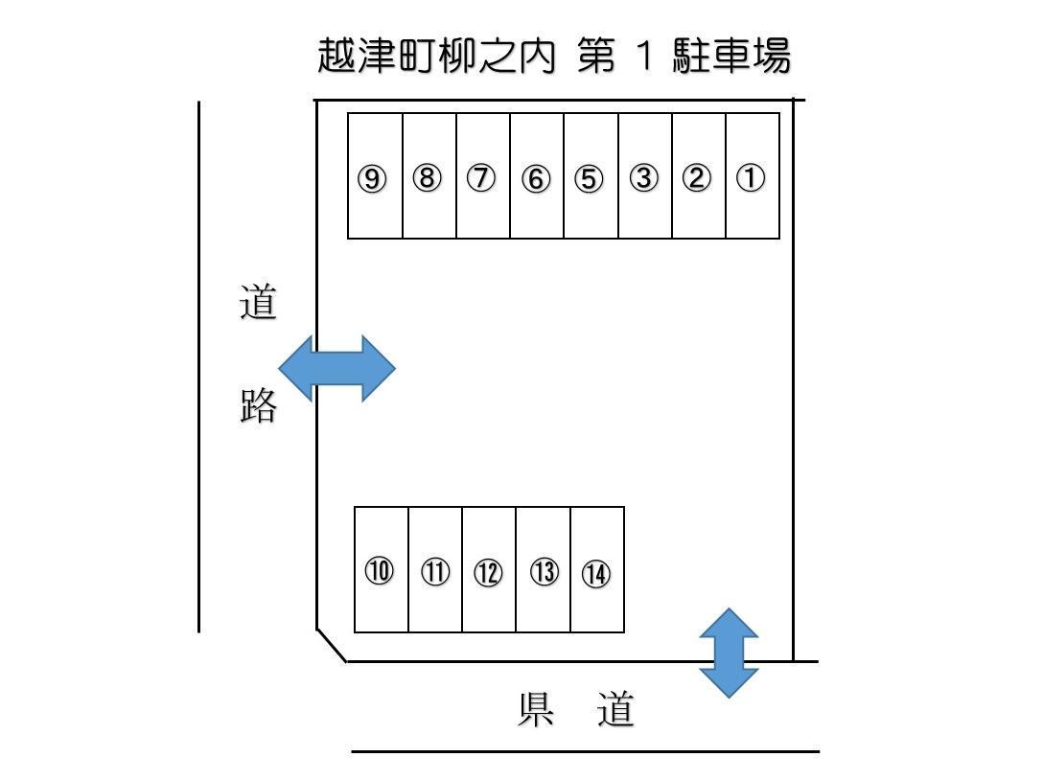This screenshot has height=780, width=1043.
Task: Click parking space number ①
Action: click(x=752, y=176)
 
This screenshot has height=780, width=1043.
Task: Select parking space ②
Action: click(x=698, y=176)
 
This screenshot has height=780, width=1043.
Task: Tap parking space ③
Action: click(x=644, y=176)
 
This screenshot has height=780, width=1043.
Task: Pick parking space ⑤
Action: click(x=591, y=176)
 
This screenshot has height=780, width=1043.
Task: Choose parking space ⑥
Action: click(x=537, y=176)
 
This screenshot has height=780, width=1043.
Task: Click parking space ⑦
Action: click(x=483, y=176)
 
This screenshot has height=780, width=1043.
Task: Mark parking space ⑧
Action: click(x=429, y=176)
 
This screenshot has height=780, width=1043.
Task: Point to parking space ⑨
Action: click(x=374, y=176)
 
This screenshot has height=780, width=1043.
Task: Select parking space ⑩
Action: click(x=381, y=571)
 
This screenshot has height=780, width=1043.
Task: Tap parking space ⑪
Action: click(x=435, y=571)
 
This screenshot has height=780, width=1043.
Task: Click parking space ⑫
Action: click(x=489, y=571)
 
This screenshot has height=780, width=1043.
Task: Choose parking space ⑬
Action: click(x=544, y=571)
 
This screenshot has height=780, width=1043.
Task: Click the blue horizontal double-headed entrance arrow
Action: click(x=336, y=368)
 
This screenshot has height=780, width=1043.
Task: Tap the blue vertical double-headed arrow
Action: click(x=729, y=653)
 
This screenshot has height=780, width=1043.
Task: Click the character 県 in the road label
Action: click(x=537, y=711)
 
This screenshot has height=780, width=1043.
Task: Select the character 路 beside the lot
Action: click(x=258, y=406)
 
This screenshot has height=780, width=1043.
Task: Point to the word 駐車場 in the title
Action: click(x=731, y=57)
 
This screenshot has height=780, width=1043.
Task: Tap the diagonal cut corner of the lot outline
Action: click(x=332, y=645)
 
